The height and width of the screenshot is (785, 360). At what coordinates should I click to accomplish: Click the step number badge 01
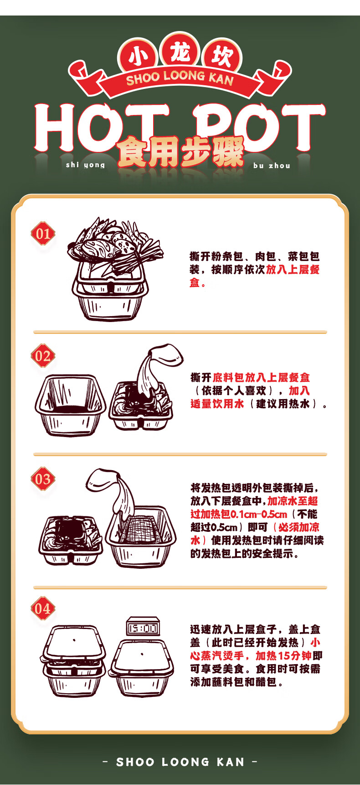coord(43,234)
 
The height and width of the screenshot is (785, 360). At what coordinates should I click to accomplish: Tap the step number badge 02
coord(43,356)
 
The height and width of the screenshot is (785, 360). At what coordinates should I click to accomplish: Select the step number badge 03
coord(43,479)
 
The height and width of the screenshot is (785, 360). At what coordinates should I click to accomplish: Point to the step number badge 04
coord(43,608)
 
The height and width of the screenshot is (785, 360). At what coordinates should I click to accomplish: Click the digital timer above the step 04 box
coord(143,629)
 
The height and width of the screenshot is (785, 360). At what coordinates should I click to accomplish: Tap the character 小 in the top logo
coord(138,57)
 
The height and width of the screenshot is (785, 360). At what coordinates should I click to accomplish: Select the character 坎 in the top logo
coord(221,57)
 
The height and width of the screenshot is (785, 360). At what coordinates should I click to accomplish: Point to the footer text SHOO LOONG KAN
coord(180,762)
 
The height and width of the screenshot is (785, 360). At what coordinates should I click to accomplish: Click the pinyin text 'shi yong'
coord(85,165)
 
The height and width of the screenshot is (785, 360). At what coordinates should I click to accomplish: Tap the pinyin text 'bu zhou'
coord(272,166)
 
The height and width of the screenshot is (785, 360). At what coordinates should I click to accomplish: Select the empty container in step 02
coord(70,404)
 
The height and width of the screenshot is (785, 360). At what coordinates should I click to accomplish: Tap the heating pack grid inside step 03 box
coord(142,529)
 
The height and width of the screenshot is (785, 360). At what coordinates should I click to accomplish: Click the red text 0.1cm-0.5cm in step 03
coord(259,514)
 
